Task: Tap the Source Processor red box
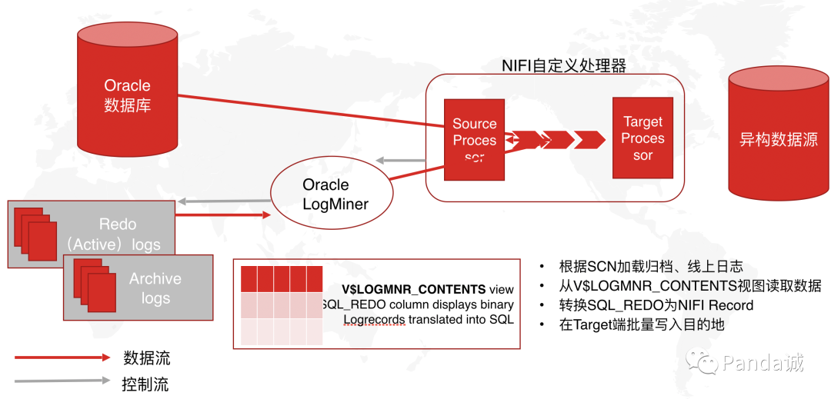click(474, 141)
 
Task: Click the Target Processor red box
click(642, 138)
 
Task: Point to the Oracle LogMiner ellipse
click(325, 195)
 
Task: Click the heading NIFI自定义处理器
click(564, 65)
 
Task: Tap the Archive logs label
click(155, 288)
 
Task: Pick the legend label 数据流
click(146, 357)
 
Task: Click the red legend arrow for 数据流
click(62, 357)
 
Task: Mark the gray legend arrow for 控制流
click(62, 381)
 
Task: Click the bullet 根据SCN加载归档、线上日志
click(651, 267)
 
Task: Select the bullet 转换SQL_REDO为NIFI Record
click(656, 305)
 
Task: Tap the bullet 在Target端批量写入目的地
click(642, 324)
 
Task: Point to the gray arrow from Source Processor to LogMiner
click(403, 161)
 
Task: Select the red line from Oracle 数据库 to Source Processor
click(308, 109)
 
